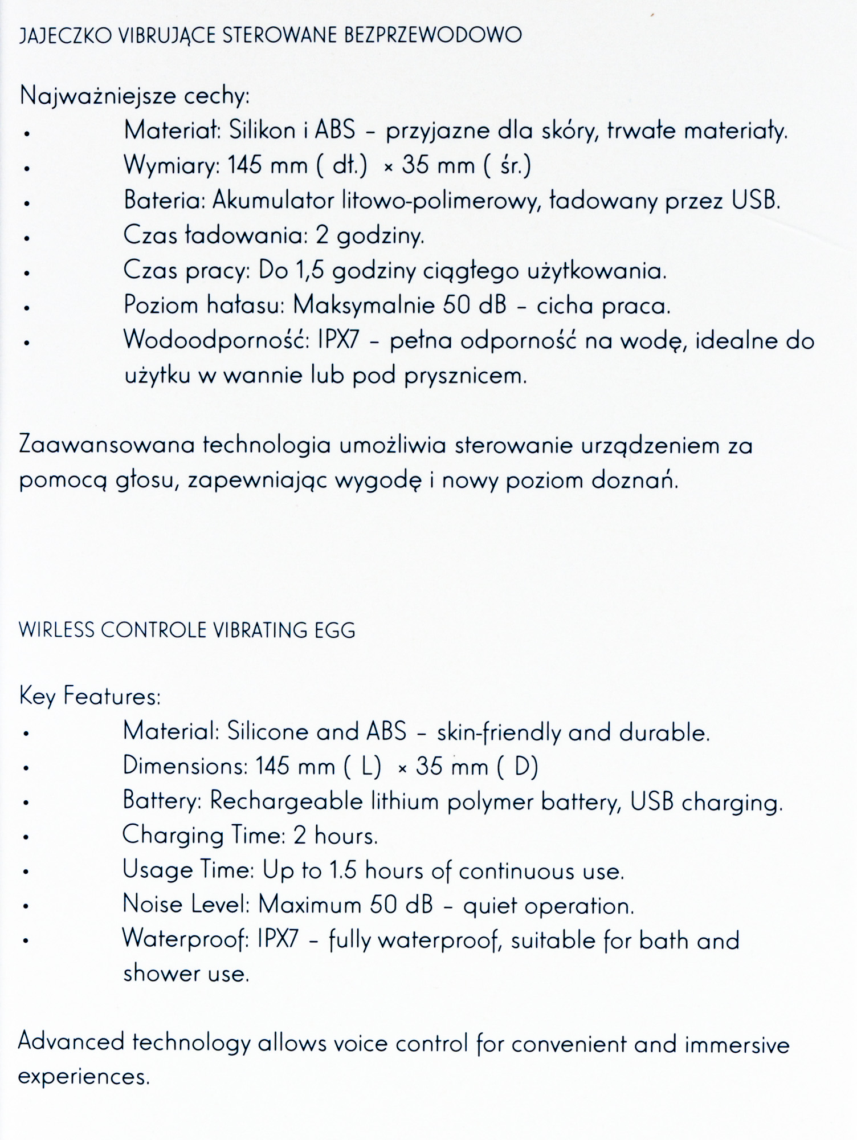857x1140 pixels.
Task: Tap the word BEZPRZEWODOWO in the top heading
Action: [x=433, y=36]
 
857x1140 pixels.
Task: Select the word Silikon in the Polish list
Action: [x=263, y=131]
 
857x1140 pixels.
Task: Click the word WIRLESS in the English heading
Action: [x=56, y=630]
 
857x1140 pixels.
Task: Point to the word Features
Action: [x=112, y=697]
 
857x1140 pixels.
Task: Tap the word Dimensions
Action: [x=185, y=766]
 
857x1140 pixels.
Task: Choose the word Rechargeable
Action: [x=286, y=802]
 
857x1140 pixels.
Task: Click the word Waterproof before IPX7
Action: [x=185, y=940]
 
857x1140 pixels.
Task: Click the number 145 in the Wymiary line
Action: [x=246, y=166]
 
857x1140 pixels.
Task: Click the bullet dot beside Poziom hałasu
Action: [x=26, y=308]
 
